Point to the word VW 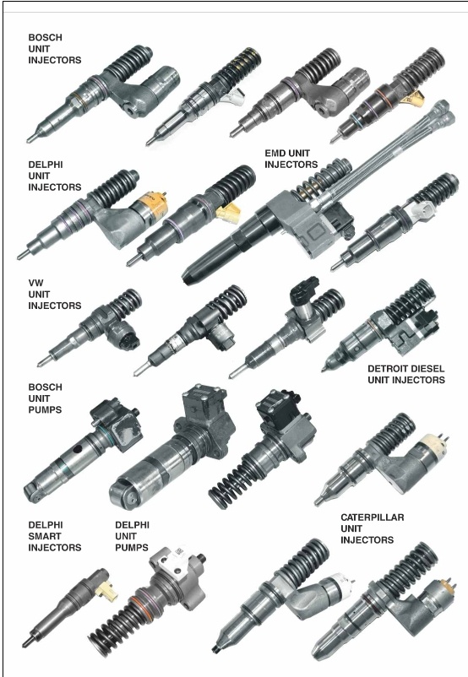tap(36, 284)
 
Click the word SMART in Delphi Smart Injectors tap(45, 536)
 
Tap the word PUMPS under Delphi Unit tap(132, 548)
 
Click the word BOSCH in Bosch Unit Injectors tap(45, 37)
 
